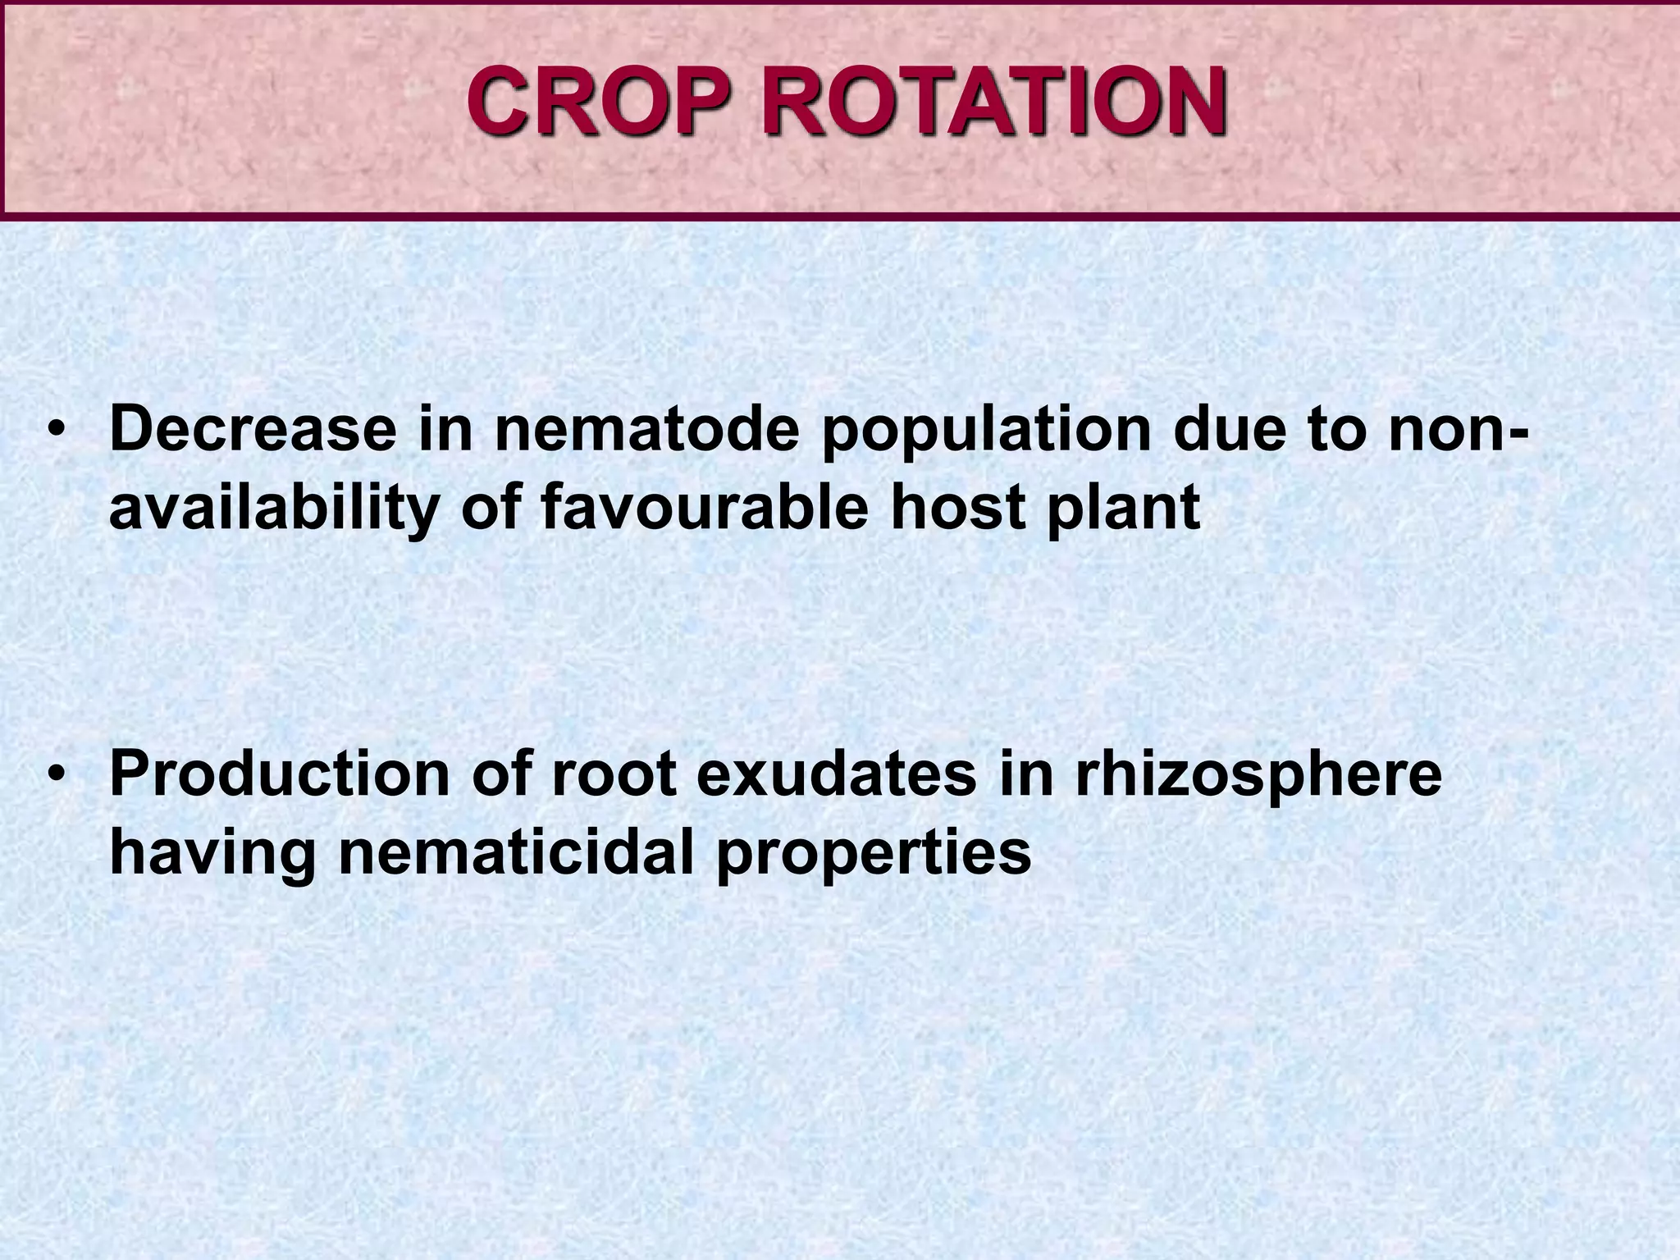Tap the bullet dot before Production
[x=56, y=774]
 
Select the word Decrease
[x=253, y=429]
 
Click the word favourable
[x=705, y=506]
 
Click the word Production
[x=280, y=774]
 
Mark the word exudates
[x=837, y=774]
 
